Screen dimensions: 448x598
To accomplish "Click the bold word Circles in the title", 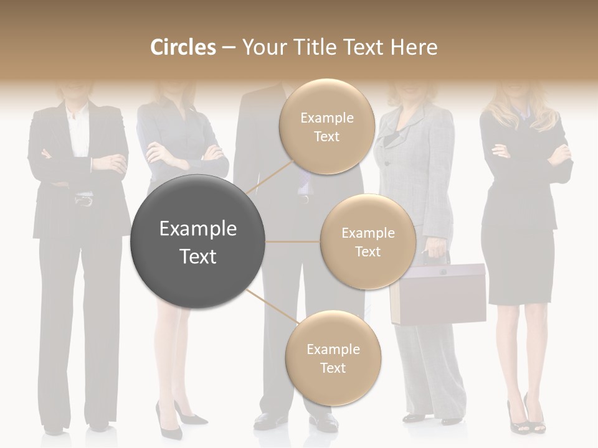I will (x=183, y=47).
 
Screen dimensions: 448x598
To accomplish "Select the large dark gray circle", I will (x=197, y=242).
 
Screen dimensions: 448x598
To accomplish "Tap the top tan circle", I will (x=326, y=126).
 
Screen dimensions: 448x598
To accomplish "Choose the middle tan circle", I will (x=368, y=242).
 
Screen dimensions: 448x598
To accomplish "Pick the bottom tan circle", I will (x=333, y=358).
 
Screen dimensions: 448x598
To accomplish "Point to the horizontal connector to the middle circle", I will (x=293, y=241).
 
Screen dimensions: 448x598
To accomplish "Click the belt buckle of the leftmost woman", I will (x=83, y=200).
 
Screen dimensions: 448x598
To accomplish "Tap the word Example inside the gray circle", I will (x=197, y=229).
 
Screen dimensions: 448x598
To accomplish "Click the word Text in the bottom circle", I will (x=333, y=368).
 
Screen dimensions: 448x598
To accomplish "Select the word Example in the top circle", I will (x=326, y=118).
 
